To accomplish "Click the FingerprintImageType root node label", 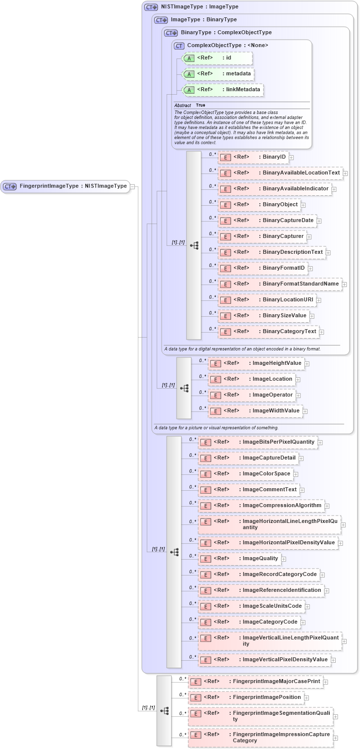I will tap(73, 186).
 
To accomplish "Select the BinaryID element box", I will tap(253, 157).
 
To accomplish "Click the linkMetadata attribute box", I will tap(223, 90).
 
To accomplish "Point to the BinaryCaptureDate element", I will tap(267, 221).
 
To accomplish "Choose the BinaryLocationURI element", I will tap(267, 300).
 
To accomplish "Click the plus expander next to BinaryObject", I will tap(303, 205).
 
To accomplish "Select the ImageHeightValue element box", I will tap(256, 363).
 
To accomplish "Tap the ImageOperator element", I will tap(252, 395).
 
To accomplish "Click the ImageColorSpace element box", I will tap(245, 474).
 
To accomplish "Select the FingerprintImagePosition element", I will tap(246, 697).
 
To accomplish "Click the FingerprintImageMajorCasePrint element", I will tap(255, 682).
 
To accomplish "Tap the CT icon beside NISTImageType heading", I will tap(151, 7).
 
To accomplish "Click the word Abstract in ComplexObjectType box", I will tap(182, 106).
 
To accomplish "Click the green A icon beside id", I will tap(189, 58).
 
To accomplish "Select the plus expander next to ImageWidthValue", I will tap(305, 411).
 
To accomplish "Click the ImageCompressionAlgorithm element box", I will tap(261, 506).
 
